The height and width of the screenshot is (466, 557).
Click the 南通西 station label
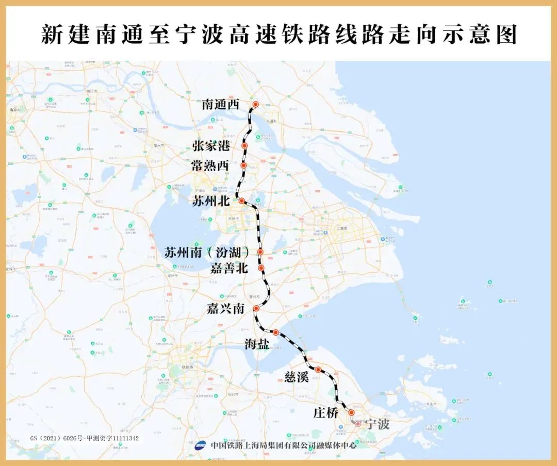click(221, 105)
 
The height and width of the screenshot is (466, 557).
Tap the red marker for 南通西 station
click(255, 104)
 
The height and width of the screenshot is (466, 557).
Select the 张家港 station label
click(211, 146)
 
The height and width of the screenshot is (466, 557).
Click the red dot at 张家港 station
click(244, 146)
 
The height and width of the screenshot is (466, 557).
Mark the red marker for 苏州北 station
click(241, 201)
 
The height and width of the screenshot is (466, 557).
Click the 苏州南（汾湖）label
click(207, 253)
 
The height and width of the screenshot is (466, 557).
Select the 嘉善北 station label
click(229, 268)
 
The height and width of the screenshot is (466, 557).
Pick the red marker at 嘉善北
click(261, 268)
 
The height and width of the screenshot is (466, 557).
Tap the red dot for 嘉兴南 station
click(256, 308)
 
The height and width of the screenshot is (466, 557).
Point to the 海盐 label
click(256, 344)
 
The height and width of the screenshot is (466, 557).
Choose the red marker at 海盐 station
click(275, 332)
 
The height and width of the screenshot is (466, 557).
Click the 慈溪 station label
click(296, 376)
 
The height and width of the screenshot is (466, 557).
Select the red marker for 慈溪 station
click(318, 370)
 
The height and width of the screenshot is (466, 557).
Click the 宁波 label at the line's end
click(377, 424)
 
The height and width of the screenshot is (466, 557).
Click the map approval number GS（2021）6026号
click(84, 438)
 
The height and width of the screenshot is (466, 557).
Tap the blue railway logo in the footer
click(201, 446)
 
